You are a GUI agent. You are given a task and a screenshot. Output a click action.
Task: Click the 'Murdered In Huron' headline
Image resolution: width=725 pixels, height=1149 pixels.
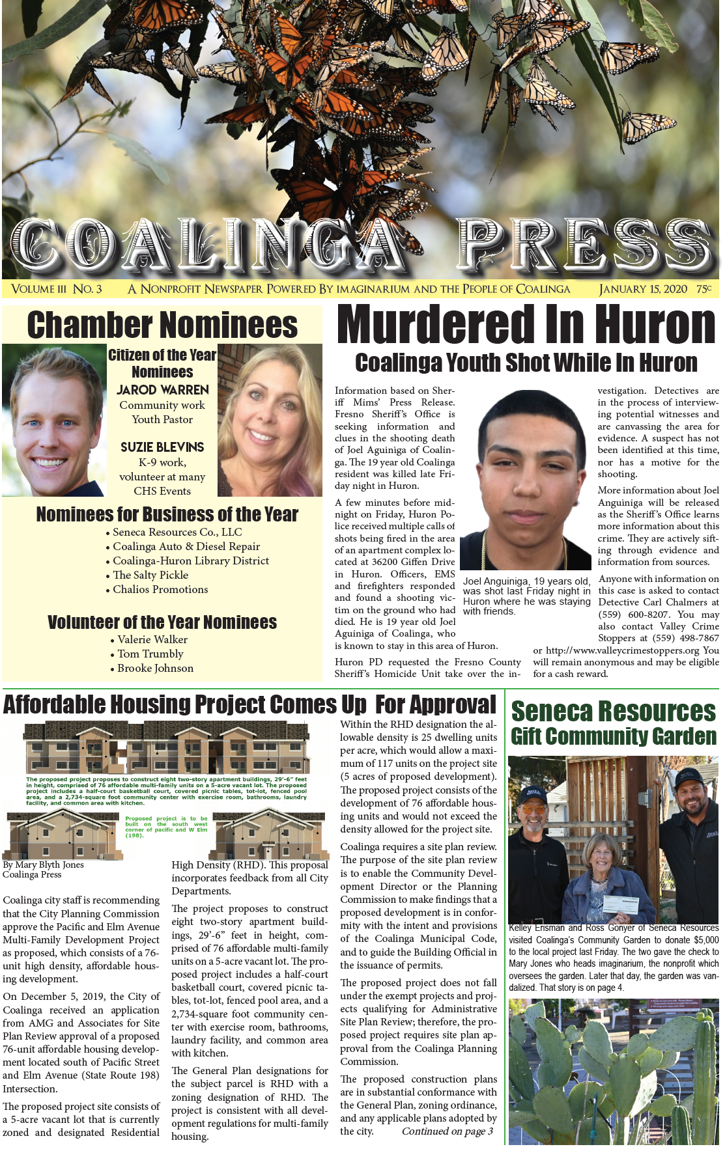click(x=526, y=324)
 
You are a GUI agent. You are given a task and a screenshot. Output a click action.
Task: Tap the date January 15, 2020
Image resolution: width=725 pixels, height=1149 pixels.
click(x=643, y=289)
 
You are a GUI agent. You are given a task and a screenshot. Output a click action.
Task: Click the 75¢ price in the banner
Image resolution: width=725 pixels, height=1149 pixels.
click(x=704, y=289)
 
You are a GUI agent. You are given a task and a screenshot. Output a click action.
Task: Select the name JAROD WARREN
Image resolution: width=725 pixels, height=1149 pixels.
click(x=162, y=390)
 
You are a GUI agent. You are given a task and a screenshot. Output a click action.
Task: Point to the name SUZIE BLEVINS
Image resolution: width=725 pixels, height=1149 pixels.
click(x=162, y=447)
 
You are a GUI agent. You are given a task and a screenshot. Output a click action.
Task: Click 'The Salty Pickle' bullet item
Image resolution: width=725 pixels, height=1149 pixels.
click(x=150, y=575)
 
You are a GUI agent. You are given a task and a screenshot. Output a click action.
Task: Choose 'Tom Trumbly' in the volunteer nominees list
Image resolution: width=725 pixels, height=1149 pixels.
click(x=150, y=654)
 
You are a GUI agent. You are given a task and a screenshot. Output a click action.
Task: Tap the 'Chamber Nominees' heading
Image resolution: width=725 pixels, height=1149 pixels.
click(x=162, y=325)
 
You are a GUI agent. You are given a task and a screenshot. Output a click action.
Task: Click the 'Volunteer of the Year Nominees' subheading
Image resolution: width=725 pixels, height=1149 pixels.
click(x=162, y=622)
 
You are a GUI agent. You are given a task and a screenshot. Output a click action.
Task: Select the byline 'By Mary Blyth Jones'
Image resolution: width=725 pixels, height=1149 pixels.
click(x=44, y=865)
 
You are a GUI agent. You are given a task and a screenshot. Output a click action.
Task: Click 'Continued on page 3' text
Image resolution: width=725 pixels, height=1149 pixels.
click(x=447, y=1131)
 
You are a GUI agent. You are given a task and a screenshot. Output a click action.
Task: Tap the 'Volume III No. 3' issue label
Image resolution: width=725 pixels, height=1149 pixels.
click(x=57, y=289)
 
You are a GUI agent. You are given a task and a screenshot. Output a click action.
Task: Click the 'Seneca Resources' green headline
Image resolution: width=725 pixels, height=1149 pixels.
click(x=613, y=711)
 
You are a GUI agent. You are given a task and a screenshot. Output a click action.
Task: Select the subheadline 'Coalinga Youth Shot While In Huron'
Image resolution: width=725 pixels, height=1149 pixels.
click(x=526, y=363)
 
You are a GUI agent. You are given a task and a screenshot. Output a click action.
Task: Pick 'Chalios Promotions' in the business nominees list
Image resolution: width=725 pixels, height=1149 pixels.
click(x=160, y=589)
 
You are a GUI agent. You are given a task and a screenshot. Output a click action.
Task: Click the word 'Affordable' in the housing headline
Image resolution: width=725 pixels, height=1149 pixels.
click(x=54, y=704)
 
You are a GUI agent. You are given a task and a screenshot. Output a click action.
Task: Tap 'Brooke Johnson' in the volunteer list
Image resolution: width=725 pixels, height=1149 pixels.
click(x=155, y=668)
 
